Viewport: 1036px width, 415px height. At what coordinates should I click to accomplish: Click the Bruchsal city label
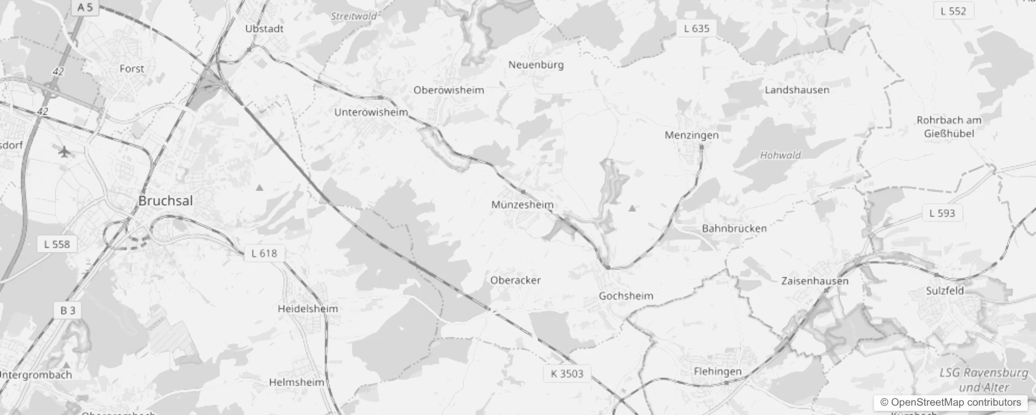click(166, 201)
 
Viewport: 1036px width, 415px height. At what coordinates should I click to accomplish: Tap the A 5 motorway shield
click(85, 7)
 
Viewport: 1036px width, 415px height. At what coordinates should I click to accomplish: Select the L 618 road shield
click(264, 253)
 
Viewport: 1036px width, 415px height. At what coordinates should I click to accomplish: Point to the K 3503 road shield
click(567, 374)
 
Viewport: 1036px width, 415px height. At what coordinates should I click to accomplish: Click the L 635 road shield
click(697, 29)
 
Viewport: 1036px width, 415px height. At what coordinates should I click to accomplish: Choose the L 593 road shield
click(942, 213)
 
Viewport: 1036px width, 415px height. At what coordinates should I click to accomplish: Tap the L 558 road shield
click(57, 244)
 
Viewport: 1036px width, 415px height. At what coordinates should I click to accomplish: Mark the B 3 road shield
click(68, 310)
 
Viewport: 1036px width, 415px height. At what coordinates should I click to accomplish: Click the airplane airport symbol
click(64, 152)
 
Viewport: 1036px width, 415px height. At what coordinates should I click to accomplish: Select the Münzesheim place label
click(522, 205)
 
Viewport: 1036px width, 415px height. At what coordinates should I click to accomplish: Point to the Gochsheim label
click(626, 296)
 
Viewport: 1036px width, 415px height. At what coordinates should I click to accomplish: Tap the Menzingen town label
click(692, 135)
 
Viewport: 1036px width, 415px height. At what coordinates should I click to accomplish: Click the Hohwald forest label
click(780, 155)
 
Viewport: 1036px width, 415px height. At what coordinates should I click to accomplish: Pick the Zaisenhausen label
click(815, 281)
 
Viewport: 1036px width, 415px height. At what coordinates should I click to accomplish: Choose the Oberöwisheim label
click(448, 90)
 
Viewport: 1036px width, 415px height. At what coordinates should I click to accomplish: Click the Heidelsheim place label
click(308, 309)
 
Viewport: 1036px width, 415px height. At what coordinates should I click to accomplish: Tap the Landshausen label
click(797, 90)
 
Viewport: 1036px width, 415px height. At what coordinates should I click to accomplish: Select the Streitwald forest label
click(353, 16)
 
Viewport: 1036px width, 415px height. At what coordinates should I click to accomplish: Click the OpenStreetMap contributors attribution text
click(950, 402)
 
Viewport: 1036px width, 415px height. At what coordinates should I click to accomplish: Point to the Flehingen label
click(718, 371)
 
